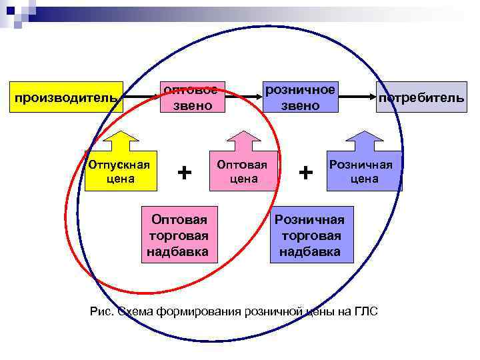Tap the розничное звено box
click(299, 97)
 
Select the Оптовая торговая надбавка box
click(179, 235)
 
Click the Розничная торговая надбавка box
click(310, 235)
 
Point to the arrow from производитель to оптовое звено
click(140, 97)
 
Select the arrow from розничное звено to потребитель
click(357, 97)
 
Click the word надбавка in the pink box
click(179, 251)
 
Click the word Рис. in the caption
click(102, 311)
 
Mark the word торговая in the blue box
click(310, 235)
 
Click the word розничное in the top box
click(300, 90)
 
